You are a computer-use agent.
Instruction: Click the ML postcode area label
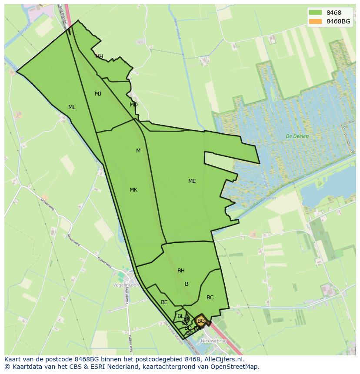[x=72, y=107]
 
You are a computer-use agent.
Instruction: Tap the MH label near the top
[x=99, y=56]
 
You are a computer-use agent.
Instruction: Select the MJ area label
[x=98, y=94]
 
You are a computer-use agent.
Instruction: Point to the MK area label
[x=133, y=190]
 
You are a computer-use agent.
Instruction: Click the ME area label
[x=192, y=181]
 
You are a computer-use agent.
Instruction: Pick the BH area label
[x=181, y=271]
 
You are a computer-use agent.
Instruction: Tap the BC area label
[x=210, y=298]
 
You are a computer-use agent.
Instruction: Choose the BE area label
[x=164, y=302]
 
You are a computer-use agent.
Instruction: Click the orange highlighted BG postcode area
[x=201, y=321]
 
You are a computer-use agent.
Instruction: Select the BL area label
[x=180, y=316]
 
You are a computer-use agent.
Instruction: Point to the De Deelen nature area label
[x=297, y=136]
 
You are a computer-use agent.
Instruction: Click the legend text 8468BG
[x=338, y=21]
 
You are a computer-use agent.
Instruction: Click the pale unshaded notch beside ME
[x=218, y=159]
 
